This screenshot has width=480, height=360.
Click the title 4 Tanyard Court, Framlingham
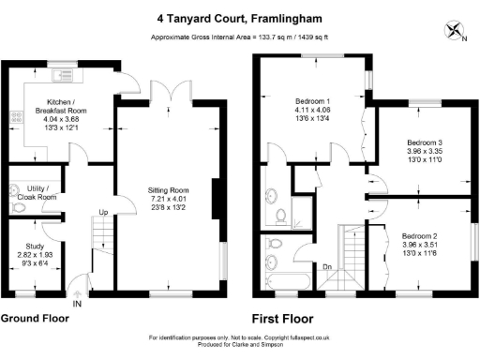[239, 17]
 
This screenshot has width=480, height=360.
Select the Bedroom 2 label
[422, 235]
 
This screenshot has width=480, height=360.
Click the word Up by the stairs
[103, 213]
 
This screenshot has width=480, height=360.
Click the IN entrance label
[77, 305]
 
